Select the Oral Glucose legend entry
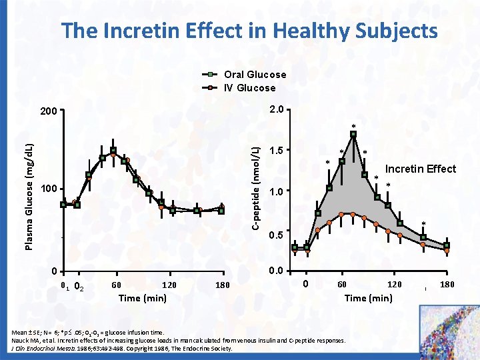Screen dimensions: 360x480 [255, 75]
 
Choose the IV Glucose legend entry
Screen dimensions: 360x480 [249, 87]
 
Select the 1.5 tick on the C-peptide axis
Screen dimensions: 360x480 [275, 151]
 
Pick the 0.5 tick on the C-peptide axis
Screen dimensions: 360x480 [275, 235]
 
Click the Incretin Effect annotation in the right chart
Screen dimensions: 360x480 [421, 169]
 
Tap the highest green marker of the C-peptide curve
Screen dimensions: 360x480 [353, 134]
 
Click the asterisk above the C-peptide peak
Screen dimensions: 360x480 [354, 126]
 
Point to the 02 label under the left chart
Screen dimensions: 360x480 [79, 287]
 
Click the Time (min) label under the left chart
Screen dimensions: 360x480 [142, 297]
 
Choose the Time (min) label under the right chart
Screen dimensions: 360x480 [368, 297]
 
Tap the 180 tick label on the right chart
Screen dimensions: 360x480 [448, 285]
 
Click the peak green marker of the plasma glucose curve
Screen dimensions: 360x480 [113, 150]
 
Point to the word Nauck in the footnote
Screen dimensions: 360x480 [13, 340]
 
